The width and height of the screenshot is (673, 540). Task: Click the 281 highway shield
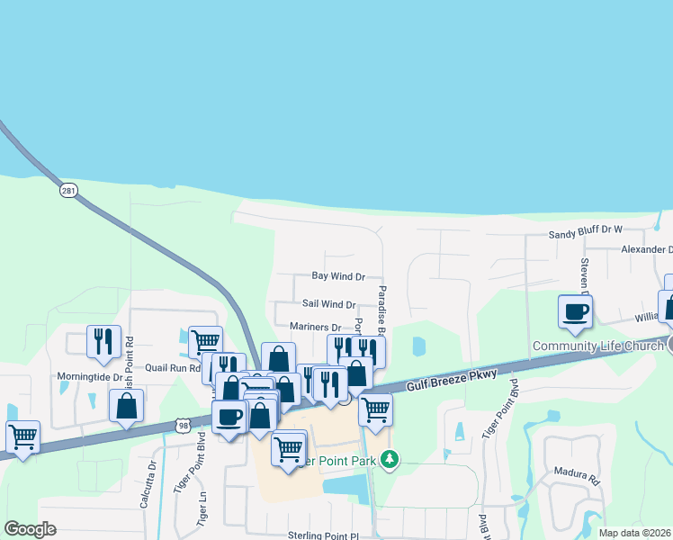69,190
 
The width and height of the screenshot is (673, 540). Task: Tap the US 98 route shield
184,425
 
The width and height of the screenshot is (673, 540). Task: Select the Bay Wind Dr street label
338,277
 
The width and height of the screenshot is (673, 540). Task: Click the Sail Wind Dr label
328,305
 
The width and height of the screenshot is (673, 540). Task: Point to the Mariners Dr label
316,328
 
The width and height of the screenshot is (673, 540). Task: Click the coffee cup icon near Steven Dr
576,311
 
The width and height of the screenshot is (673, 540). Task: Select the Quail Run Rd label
173,367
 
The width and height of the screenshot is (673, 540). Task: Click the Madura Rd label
582,480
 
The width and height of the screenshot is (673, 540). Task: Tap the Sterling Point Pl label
329,535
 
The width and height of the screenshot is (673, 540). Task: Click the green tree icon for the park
389,460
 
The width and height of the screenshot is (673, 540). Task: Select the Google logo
29,529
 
